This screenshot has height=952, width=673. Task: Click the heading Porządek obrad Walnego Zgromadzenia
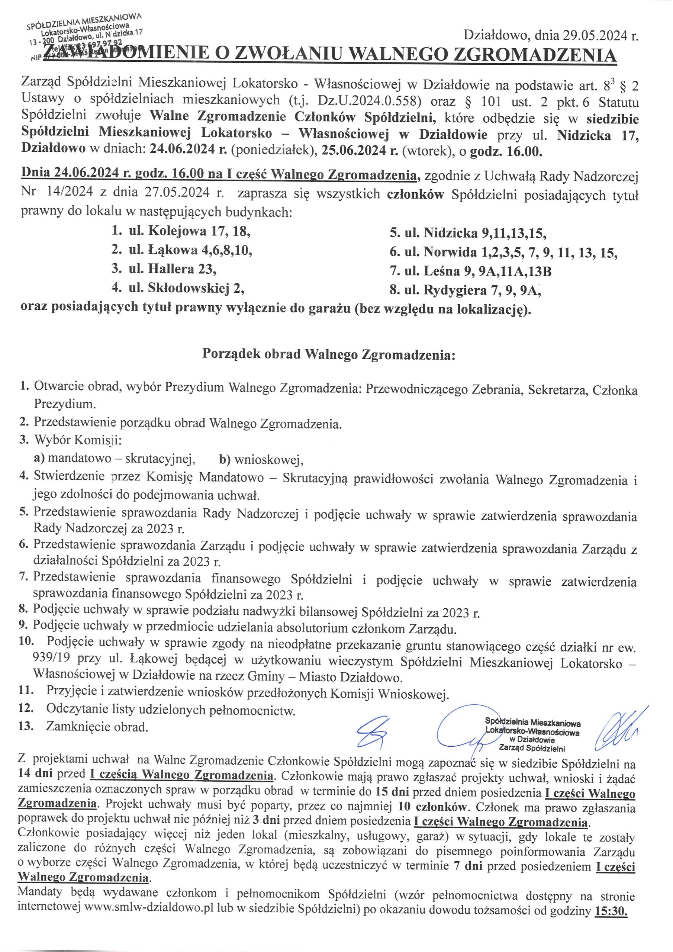[x=328, y=354]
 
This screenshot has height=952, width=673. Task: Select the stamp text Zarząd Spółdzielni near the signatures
[x=532, y=749]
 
